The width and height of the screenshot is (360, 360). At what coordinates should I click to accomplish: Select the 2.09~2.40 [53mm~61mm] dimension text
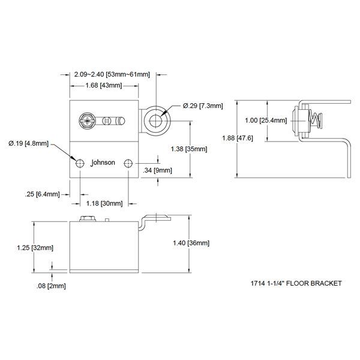pyautogui.click(x=112, y=75)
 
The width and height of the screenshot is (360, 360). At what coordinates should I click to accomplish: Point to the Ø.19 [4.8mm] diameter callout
pyautogui.click(x=29, y=143)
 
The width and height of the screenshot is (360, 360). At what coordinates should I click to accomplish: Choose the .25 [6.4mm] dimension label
pyautogui.click(x=43, y=193)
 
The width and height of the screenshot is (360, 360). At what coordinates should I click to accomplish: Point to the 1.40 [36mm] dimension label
pyautogui.click(x=191, y=243)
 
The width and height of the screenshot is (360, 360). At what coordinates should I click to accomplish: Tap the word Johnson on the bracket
pyautogui.click(x=103, y=163)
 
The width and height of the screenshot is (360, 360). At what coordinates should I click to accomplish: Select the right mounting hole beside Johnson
pyautogui.click(x=128, y=163)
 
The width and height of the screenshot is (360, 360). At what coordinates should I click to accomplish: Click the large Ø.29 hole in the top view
pyautogui.click(x=156, y=118)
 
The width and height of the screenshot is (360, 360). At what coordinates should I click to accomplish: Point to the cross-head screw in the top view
pyautogui.click(x=87, y=121)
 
